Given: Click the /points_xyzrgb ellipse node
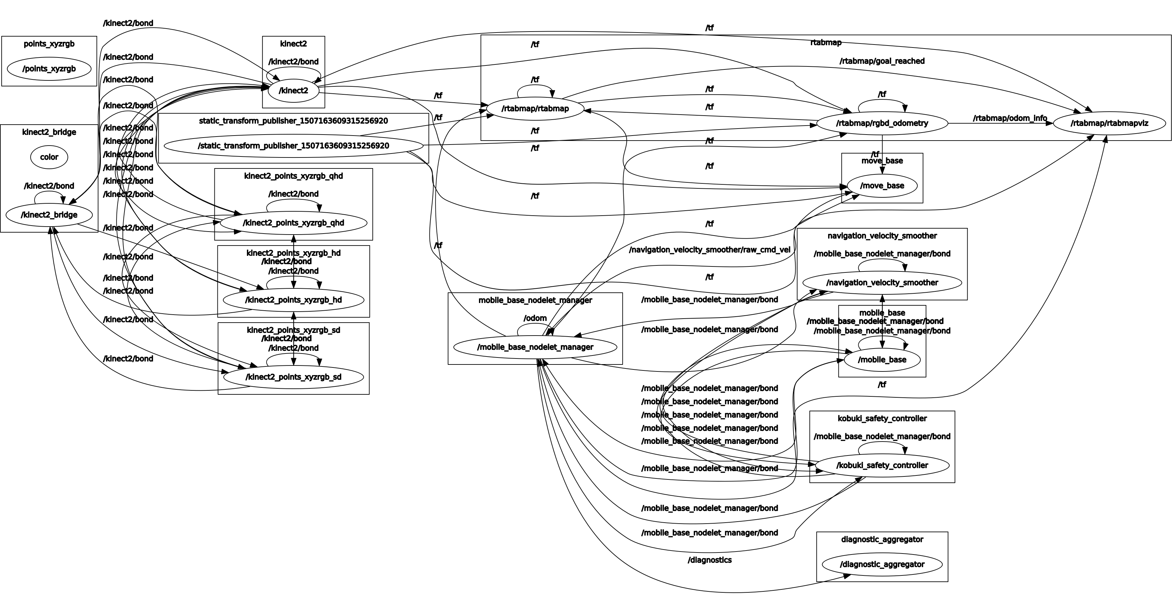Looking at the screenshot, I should [49, 69].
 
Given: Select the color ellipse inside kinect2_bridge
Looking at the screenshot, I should [49, 157].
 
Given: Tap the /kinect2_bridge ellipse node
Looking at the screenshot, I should [49, 215].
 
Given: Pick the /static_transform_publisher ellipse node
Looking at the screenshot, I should [293, 146].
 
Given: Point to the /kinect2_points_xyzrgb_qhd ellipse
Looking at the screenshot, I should [293, 223].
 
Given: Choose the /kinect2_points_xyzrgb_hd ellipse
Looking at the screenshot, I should [293, 300].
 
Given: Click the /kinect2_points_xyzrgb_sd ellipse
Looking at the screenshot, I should [293, 377].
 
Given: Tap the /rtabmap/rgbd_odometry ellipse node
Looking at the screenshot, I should [882, 123].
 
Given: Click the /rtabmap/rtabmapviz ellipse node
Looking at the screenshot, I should [1109, 123].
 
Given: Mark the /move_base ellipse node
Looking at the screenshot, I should [882, 186].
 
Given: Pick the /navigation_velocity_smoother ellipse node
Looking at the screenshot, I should [882, 283].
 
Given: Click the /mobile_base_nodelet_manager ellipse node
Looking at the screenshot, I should [535, 347].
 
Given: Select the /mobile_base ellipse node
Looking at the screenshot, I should [882, 360].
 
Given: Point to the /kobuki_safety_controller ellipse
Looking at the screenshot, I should [882, 465].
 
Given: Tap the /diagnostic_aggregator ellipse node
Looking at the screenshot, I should [882, 564].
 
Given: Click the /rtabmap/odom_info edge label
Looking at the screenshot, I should [1010, 118].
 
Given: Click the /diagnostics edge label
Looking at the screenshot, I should [710, 560].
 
